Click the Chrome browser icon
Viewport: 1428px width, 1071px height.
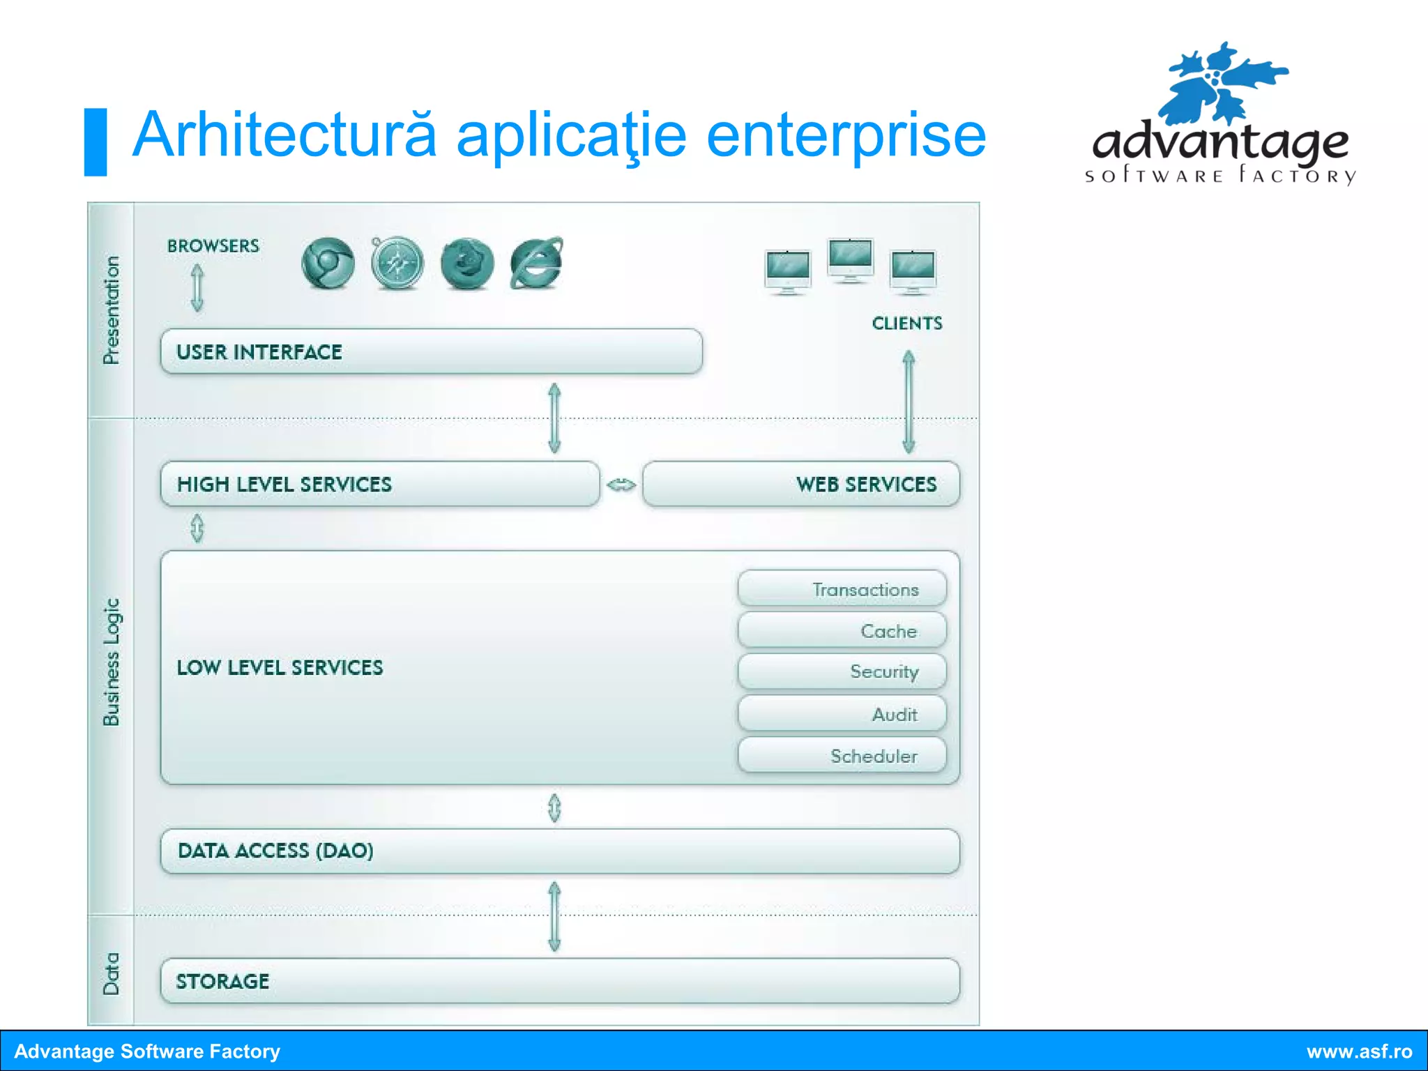(328, 264)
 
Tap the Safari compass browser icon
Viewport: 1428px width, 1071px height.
(397, 264)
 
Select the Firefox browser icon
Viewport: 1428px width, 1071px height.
(466, 264)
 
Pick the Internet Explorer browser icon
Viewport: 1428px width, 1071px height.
(535, 263)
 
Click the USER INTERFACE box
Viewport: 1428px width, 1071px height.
(431, 351)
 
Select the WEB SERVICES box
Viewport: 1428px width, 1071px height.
(800, 484)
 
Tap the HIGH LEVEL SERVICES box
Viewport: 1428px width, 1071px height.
(379, 484)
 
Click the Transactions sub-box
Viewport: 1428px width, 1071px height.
(842, 589)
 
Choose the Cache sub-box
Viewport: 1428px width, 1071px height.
(842, 630)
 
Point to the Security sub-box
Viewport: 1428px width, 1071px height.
(842, 671)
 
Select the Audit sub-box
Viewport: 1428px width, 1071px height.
(842, 713)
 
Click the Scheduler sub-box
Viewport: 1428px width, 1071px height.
(842, 755)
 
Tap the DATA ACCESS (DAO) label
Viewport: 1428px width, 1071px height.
(275, 851)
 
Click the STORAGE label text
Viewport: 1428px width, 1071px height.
(222, 981)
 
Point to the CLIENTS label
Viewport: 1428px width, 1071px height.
(906, 323)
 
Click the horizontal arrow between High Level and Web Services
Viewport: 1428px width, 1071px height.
(621, 485)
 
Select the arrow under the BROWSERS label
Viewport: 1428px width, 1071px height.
(197, 287)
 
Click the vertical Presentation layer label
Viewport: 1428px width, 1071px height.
(111, 310)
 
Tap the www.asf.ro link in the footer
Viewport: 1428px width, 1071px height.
(1359, 1051)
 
